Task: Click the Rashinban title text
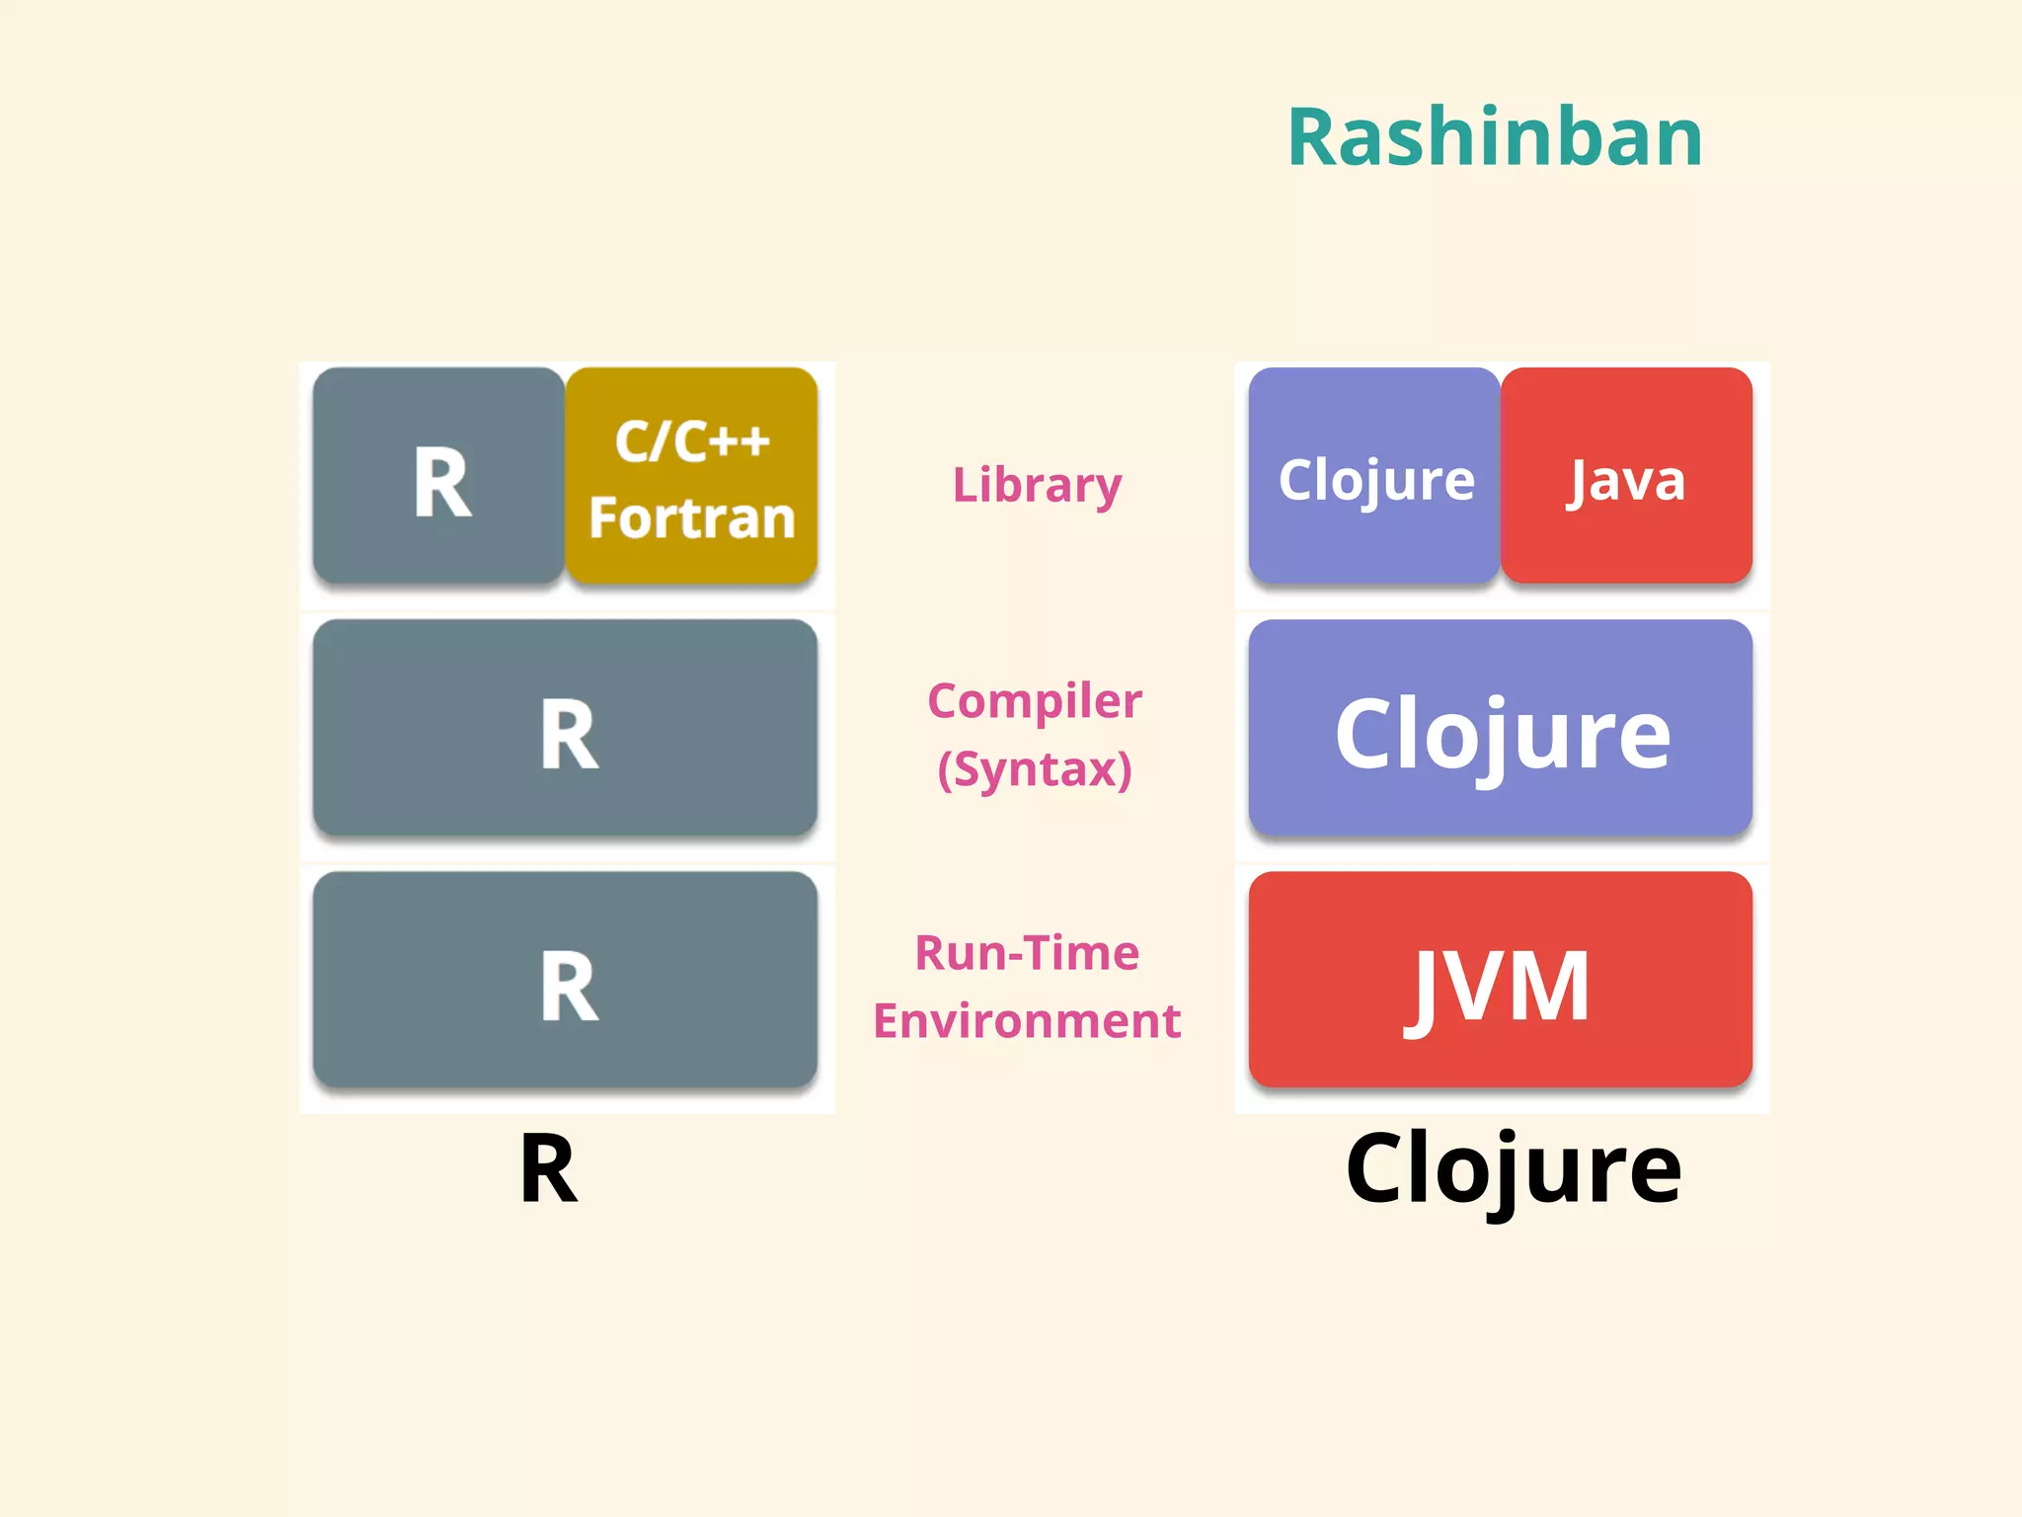1495,138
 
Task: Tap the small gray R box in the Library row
439,477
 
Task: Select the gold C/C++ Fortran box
691,477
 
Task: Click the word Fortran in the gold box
691,518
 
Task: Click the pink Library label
1037,485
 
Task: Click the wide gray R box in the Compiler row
565,729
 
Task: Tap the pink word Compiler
1035,701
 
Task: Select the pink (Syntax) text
1035,769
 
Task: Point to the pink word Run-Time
1027,953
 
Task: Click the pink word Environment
1027,1021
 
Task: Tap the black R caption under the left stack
548,1169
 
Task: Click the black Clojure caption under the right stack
1513,1169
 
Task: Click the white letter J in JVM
1426,988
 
